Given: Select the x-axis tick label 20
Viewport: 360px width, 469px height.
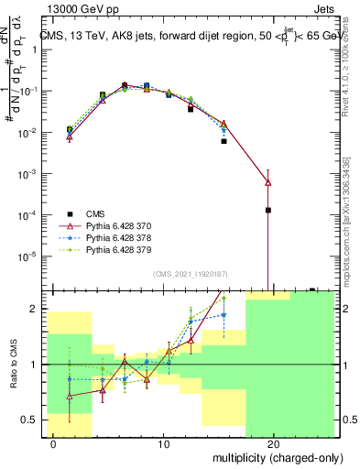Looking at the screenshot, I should click(x=274, y=443).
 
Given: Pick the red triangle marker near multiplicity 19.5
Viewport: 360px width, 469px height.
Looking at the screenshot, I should click(x=268, y=182).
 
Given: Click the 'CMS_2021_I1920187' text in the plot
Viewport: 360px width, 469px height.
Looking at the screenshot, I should click(x=189, y=273).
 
